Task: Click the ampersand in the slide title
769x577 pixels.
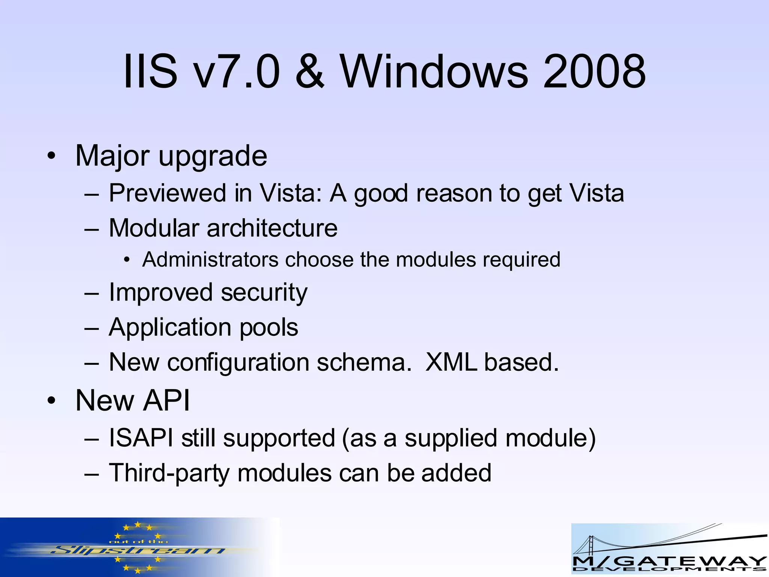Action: click(x=309, y=71)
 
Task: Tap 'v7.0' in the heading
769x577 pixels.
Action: click(x=238, y=71)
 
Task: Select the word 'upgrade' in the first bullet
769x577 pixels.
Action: click(x=213, y=157)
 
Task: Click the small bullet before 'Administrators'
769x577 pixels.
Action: click(x=127, y=260)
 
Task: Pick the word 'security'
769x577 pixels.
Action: click(x=264, y=293)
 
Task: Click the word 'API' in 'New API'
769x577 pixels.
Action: click(x=167, y=400)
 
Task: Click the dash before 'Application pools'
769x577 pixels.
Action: click(x=92, y=328)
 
